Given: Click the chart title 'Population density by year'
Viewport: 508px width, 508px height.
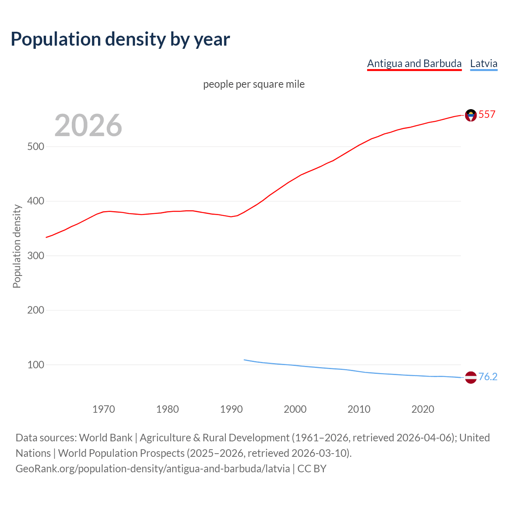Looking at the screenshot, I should point(120,39).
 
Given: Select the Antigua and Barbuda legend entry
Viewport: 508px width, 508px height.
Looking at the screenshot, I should point(414,63).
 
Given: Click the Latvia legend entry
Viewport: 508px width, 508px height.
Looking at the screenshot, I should point(483,63).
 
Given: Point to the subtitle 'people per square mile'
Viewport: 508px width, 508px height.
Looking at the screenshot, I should point(254,84).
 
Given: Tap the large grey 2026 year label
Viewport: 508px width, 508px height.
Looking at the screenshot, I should point(88,125).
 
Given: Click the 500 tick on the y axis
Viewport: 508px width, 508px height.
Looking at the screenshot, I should point(35,147).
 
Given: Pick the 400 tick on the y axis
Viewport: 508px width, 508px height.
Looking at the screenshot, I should point(35,201).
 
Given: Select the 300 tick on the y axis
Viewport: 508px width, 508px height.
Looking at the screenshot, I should point(35,256).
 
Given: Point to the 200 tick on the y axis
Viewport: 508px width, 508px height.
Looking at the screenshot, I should point(35,310).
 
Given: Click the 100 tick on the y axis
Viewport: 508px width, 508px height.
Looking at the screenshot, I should point(35,365).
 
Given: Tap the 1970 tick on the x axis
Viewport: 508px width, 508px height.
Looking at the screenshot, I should point(104,409).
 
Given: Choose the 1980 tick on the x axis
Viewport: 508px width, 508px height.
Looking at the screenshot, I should point(167,409).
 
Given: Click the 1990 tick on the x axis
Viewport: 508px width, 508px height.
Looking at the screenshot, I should point(231,409).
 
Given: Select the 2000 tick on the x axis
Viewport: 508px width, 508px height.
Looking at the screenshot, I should point(295,409).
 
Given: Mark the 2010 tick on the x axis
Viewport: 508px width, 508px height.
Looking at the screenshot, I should point(359,409).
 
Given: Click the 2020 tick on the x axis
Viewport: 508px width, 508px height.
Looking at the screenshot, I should point(423,409).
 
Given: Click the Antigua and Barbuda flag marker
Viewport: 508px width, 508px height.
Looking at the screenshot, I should point(471,115).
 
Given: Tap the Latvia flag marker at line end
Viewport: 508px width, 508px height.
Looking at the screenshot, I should point(471,377).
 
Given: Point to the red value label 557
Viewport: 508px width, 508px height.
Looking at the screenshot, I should point(487,115).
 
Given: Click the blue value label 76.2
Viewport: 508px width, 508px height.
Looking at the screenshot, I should point(488,377).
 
